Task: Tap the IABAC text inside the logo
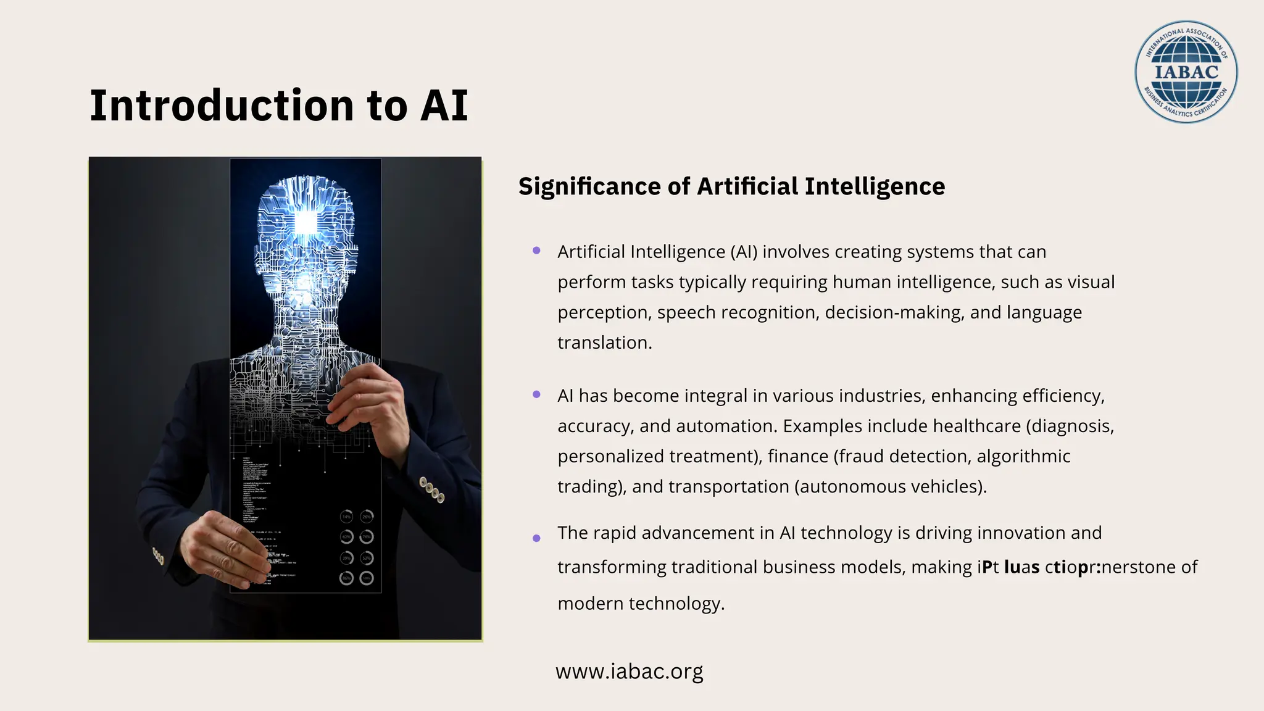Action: [x=1186, y=72]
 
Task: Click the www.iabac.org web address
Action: [x=629, y=671]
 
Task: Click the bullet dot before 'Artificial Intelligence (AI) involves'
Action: [x=536, y=251]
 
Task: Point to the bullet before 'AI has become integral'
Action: [x=536, y=394]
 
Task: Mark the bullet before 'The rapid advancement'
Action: [x=536, y=538]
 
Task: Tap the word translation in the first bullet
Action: [x=604, y=343]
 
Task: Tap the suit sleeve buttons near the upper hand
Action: [x=431, y=490]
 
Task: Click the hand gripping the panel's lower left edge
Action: [x=228, y=549]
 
